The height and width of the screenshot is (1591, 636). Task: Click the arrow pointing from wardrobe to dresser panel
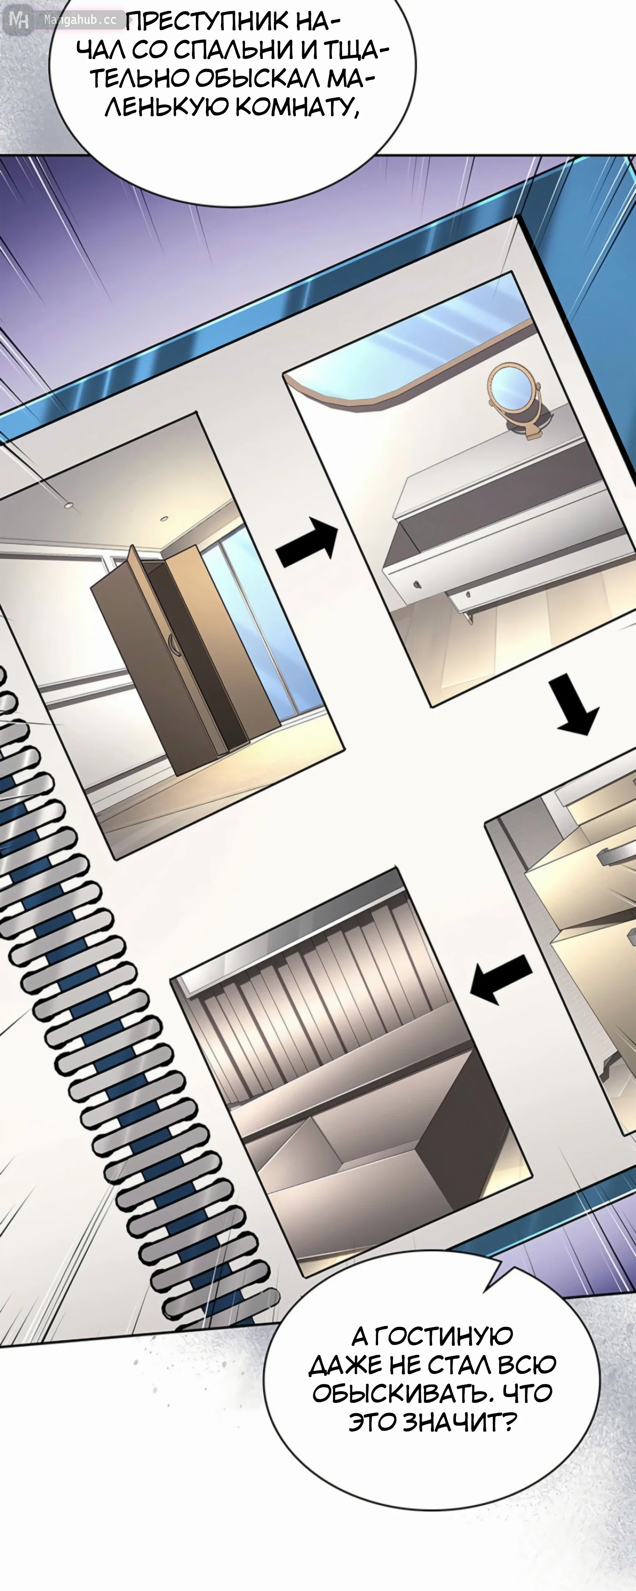307,542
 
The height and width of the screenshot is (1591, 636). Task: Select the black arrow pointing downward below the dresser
576,704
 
